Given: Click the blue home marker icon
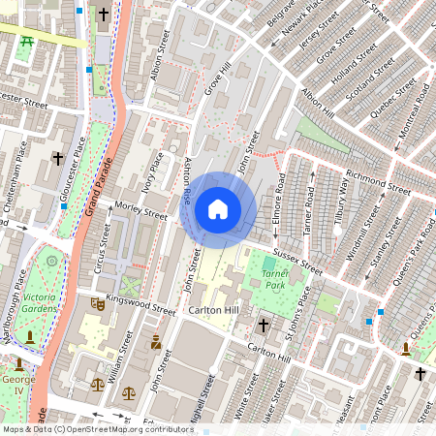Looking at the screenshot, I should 218,209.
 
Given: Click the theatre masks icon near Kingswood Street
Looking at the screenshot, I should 97,303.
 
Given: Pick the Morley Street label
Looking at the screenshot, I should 141,207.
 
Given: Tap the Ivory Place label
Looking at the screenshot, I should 151,172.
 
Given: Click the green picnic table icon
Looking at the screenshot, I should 28,40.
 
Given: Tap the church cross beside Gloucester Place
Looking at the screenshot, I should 57,157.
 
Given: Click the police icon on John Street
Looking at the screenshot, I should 155,341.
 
